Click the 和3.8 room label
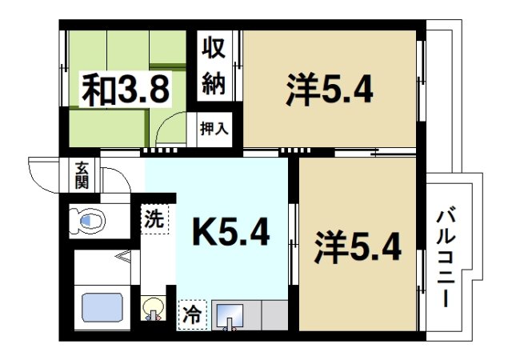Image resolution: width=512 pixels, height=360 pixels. pos(126,90)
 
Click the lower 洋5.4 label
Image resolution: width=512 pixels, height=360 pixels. pos(356,249)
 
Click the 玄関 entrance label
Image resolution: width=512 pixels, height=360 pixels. pos(82,174)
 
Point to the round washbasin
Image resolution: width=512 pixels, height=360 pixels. pos(151,309)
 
